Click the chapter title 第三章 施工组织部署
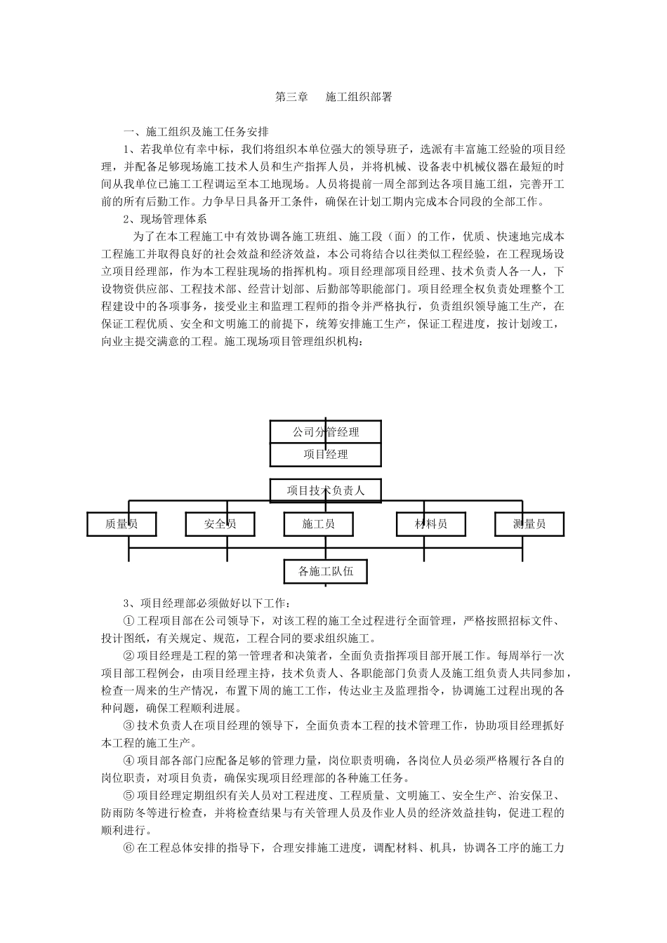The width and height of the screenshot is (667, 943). point(333,98)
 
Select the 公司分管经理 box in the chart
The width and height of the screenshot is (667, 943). point(326,432)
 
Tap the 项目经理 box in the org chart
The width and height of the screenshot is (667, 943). point(326,455)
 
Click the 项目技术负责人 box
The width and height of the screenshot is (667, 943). point(326,490)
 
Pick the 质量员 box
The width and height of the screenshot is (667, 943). point(121,524)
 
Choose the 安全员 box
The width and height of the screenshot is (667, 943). point(220,524)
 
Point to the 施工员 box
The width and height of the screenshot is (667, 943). point(318,524)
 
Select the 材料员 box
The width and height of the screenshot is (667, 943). point(431,524)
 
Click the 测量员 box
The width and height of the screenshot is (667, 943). point(529,524)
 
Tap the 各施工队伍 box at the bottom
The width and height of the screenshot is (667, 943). point(326,572)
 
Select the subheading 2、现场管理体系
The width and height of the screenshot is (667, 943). point(165,219)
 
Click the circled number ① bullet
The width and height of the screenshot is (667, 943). point(128,621)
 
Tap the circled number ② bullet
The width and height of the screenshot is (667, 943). point(128,656)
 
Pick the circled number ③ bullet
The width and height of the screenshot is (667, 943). point(128,725)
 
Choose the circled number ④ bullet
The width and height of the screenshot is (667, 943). point(128,761)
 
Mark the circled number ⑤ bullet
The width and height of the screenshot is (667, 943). point(128,796)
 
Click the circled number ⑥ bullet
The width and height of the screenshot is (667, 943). point(128,848)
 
